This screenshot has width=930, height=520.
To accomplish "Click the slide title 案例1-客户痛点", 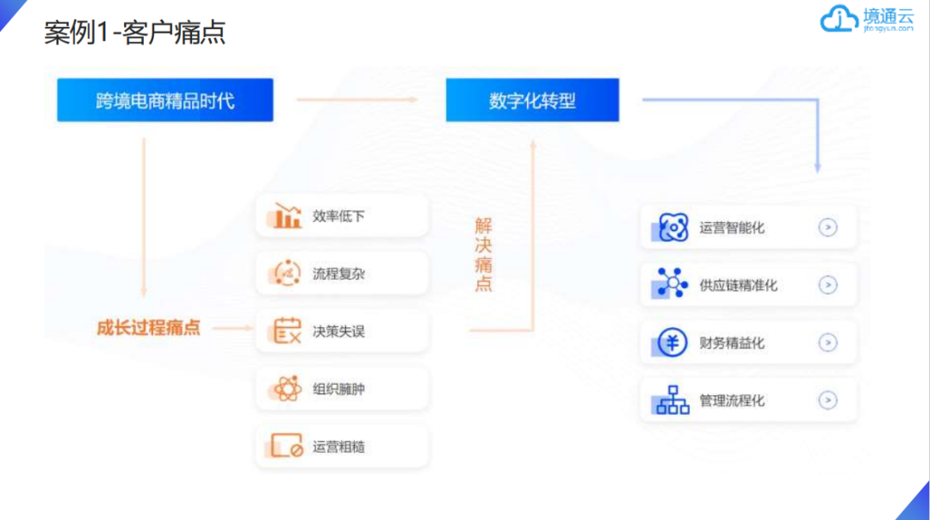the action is click(x=135, y=33).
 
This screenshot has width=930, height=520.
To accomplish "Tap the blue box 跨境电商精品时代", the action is click(x=165, y=101).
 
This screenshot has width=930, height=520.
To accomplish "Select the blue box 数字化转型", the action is click(x=532, y=101).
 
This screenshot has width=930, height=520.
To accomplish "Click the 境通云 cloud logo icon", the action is click(x=835, y=19).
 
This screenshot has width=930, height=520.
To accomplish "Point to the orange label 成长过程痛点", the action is click(x=148, y=328).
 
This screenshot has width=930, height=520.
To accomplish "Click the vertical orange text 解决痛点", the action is click(x=484, y=255).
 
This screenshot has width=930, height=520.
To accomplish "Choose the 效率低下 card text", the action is click(x=338, y=216).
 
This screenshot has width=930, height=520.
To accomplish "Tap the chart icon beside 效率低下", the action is click(x=288, y=215).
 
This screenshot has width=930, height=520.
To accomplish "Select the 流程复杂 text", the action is click(x=338, y=274).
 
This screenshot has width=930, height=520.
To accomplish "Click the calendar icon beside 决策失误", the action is click(x=287, y=331).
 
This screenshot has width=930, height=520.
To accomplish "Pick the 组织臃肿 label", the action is click(x=338, y=389).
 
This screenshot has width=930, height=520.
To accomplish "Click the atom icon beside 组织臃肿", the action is click(x=287, y=389).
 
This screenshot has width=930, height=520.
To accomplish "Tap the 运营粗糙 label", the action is click(x=338, y=447).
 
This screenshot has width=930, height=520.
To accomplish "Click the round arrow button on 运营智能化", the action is click(x=828, y=228).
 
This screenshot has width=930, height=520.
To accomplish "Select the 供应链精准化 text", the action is click(x=738, y=286).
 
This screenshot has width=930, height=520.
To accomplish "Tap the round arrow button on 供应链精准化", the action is click(x=828, y=286).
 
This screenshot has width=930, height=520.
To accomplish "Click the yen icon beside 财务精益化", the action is click(x=673, y=343).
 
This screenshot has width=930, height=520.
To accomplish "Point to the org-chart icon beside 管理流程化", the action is click(x=673, y=400).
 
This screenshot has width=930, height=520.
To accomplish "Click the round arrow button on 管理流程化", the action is click(x=828, y=400).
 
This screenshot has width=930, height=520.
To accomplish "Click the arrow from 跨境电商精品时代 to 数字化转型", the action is click(x=357, y=100).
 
